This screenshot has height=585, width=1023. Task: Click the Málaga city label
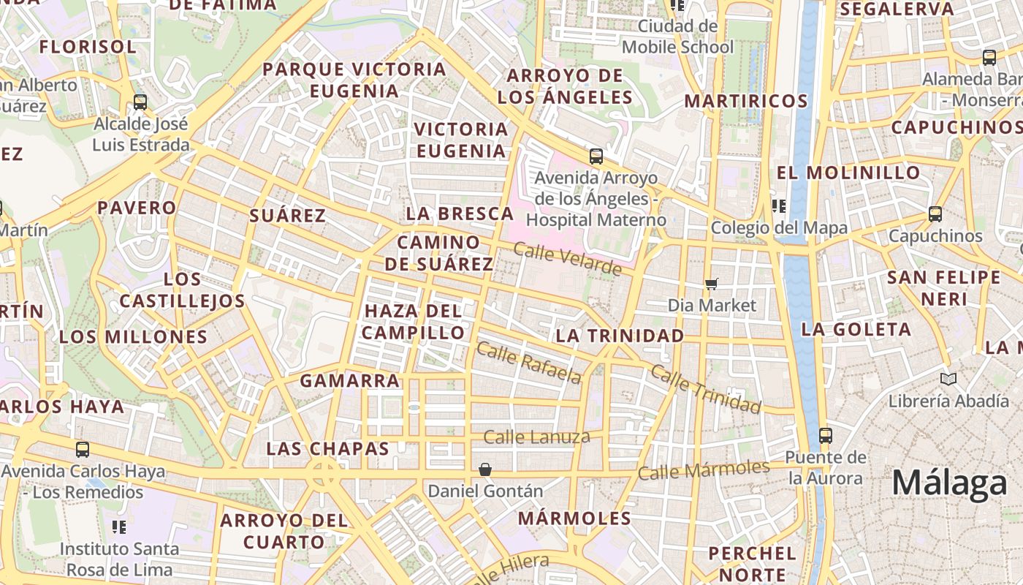pos(949,484)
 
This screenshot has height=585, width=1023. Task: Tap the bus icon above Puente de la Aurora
pos(826,436)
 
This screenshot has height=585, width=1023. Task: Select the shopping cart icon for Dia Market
pos(712,284)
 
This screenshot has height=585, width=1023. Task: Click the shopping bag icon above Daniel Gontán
pos(485,469)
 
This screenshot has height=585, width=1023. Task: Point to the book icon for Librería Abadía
pos(948,380)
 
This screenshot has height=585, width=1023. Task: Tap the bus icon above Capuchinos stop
pos(935,214)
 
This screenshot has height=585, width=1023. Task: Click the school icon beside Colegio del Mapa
pos(779,206)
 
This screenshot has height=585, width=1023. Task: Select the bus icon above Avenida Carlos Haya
pos(83,450)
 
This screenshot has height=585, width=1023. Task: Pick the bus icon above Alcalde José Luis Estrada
pos(140,102)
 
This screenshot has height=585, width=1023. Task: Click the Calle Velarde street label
pos(567,259)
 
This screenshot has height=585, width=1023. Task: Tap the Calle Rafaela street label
pos(528,363)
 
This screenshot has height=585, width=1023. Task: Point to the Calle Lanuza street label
pos(536,437)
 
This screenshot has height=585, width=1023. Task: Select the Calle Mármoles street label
pos(704,469)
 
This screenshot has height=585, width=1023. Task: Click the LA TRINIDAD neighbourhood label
pos(620,336)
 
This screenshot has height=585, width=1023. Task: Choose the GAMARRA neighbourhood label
pos(350,380)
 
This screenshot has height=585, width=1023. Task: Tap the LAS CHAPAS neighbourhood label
pos(327,448)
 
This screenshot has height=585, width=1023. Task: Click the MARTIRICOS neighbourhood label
pos(745,101)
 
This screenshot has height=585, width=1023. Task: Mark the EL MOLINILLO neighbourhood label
pos(848,173)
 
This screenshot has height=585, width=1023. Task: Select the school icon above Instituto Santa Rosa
pos(119,527)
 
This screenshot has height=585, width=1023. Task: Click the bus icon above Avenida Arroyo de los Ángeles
pos(596,156)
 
